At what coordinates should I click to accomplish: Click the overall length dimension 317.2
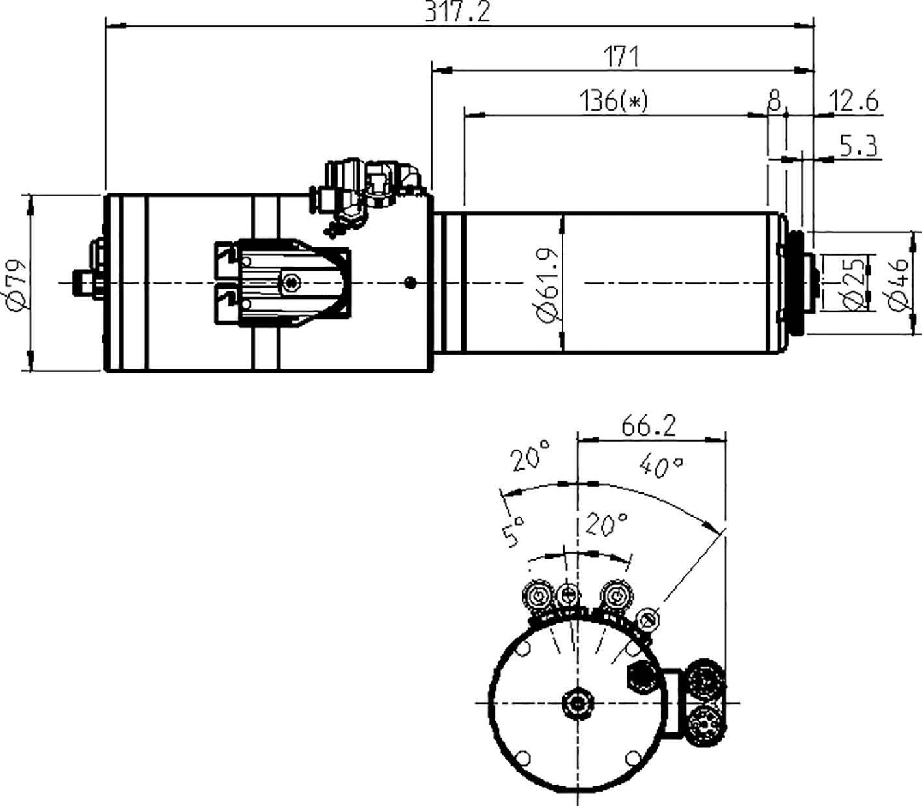pos(457,12)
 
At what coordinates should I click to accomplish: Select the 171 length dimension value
pos(623,57)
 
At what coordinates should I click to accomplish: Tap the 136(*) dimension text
pos(614,101)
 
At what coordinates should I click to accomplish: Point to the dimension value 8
pos(774,101)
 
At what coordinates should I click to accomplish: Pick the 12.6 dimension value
pos(853,101)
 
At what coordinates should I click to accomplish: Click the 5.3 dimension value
pos(858,146)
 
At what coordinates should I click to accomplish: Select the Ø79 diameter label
pos(18,282)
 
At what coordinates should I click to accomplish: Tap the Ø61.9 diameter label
pos(548,283)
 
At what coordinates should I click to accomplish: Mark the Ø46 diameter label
pos(899,284)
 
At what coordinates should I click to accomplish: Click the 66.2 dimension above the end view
pos(649,426)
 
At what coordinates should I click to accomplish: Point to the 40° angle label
pos(661,466)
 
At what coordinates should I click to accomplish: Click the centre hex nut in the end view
pos(577,703)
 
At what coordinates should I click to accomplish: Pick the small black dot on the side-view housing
pos(410,282)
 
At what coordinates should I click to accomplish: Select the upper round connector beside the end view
pos(705,681)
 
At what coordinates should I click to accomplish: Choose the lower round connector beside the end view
pos(705,724)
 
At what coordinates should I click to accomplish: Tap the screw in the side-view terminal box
pos(291,282)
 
